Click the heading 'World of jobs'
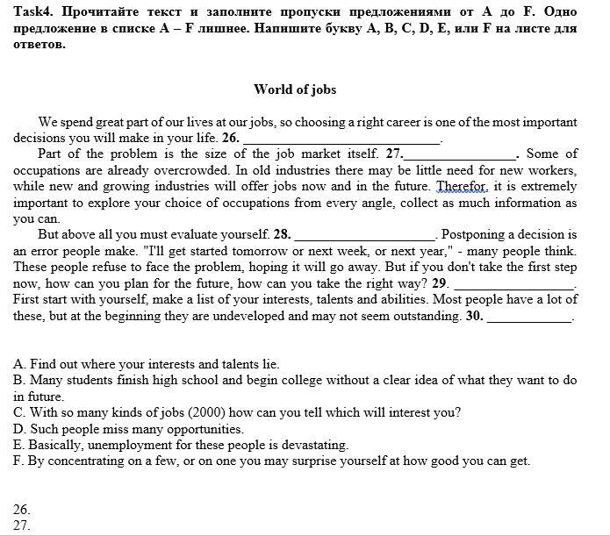(x=295, y=89)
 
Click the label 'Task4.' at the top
(x=33, y=11)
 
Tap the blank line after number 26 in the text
(x=341, y=139)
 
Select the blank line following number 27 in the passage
(x=460, y=154)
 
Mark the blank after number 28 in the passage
(x=364, y=235)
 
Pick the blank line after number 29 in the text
(x=513, y=283)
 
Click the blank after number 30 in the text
(x=528, y=317)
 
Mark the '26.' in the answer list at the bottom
(x=22, y=509)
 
